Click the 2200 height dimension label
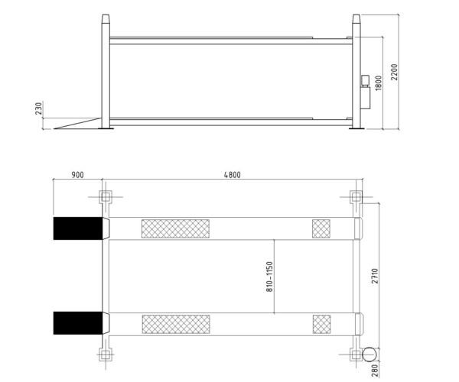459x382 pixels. coord(395,72)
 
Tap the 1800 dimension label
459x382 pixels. coord(379,83)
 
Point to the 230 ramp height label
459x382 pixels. coord(39,108)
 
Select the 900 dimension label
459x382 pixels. coord(77,175)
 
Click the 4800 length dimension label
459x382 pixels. coord(232,175)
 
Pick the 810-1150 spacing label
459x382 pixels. coord(269,277)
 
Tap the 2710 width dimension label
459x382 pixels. coord(375,276)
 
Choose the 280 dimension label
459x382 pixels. coord(375,370)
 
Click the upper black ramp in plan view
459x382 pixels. coord(78,228)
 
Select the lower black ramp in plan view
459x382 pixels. coord(78,323)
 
